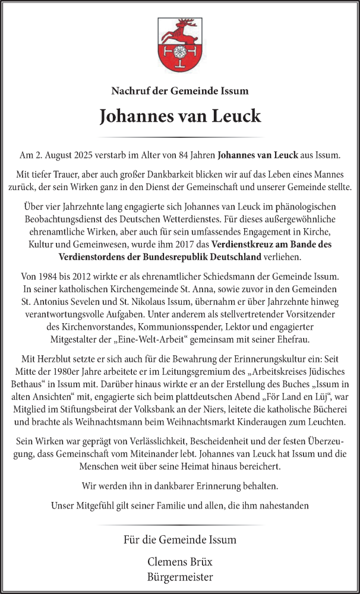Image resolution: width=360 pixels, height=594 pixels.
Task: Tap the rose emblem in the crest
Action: coord(180,51)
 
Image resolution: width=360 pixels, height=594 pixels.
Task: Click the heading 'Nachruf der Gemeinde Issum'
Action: coord(180,91)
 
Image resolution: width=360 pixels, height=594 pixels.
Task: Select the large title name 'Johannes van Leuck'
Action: coord(180,116)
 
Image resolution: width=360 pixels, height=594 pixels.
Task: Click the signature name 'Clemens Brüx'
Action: coord(180,561)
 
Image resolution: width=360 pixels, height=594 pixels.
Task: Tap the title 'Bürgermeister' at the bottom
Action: coord(180,577)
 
